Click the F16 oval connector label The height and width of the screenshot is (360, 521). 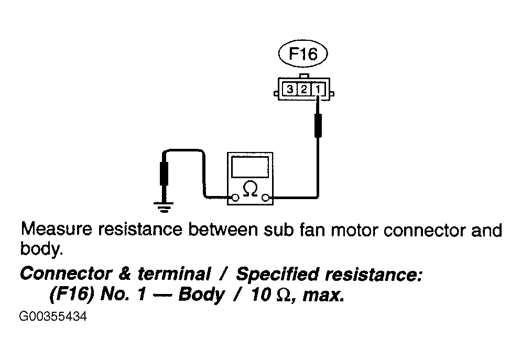pyautogui.click(x=303, y=53)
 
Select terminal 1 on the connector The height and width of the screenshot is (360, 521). pyautogui.click(x=318, y=89)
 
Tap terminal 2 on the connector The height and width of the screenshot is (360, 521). pyautogui.click(x=304, y=89)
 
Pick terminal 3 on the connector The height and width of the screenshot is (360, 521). pyautogui.click(x=290, y=89)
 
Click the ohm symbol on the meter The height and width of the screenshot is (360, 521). pyautogui.click(x=250, y=189)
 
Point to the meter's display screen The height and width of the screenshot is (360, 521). pyautogui.click(x=250, y=167)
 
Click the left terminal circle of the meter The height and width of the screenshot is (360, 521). pyautogui.click(x=235, y=198)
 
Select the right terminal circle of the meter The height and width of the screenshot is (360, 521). pyautogui.click(x=265, y=198)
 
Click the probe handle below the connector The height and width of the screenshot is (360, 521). pyautogui.click(x=318, y=125)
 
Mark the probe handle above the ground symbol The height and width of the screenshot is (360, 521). pyautogui.click(x=164, y=173)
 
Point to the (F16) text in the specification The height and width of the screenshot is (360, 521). pyautogui.click(x=71, y=294)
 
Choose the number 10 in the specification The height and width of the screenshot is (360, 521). pyautogui.click(x=261, y=295)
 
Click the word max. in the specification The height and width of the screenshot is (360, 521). pyautogui.click(x=323, y=296)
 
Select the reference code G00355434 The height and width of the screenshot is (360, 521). pyautogui.click(x=53, y=317)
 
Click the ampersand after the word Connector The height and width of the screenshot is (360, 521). pyautogui.click(x=125, y=274)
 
